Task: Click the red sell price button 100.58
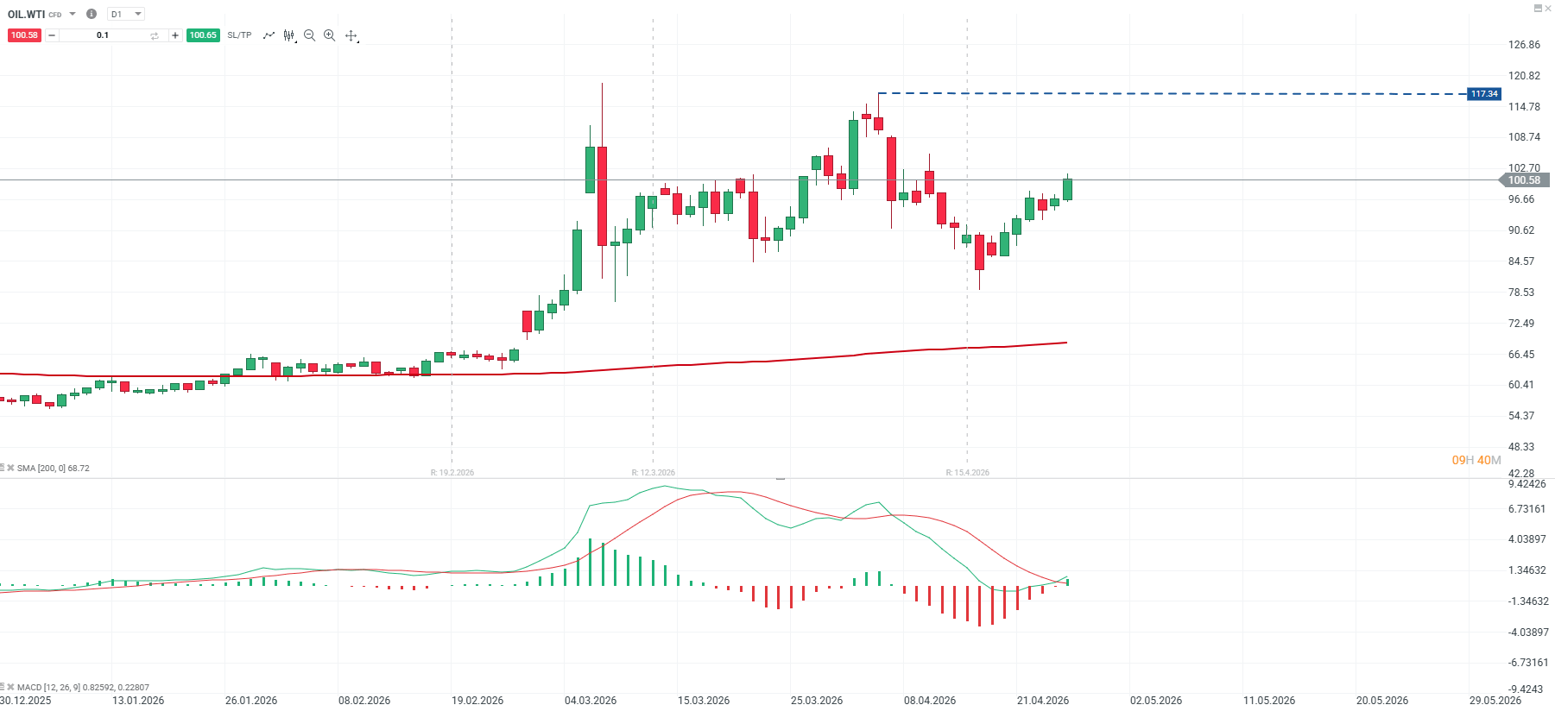click(x=24, y=35)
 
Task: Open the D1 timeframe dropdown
click(x=126, y=14)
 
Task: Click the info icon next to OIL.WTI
click(x=92, y=14)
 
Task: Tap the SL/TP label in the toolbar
click(x=239, y=35)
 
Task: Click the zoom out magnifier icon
click(x=309, y=35)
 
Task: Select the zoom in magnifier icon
click(x=329, y=35)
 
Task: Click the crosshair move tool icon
click(x=351, y=35)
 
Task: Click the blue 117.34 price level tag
click(x=1484, y=94)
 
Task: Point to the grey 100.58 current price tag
click(x=1524, y=180)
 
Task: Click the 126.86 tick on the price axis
click(x=1524, y=45)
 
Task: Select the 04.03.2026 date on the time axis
click(x=591, y=700)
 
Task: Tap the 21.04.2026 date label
click(x=1043, y=700)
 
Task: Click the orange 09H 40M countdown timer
click(x=1476, y=460)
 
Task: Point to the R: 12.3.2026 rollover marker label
click(x=654, y=473)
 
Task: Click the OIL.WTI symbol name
click(x=26, y=14)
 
